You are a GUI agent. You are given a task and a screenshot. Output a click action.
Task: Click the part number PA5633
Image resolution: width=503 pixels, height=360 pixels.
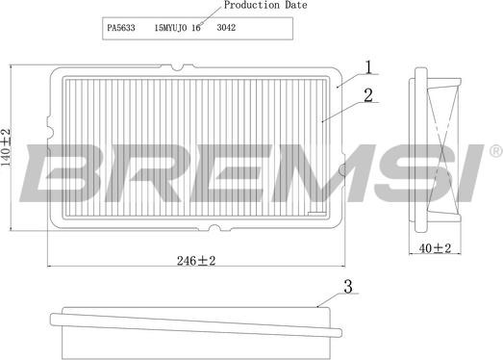pos(121,28)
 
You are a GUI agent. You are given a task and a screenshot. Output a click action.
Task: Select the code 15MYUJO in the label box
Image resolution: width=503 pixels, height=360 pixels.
pos(170,28)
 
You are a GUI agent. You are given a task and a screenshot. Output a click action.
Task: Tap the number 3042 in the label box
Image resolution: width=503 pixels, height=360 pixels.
pos(226,28)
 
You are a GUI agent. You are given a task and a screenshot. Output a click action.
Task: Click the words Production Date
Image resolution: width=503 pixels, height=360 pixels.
pos(265,5)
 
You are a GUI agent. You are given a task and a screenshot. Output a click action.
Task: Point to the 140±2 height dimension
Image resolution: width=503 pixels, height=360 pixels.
pos(6,147)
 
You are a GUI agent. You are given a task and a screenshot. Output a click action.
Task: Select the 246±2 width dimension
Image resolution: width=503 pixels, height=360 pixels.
pos(196,261)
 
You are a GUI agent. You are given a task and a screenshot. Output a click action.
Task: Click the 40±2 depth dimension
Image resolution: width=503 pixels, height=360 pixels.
pos(435,248)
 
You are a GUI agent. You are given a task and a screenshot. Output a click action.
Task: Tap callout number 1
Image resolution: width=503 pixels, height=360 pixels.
pos(368,67)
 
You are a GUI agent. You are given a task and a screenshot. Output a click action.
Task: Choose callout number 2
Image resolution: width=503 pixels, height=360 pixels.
pos(368,95)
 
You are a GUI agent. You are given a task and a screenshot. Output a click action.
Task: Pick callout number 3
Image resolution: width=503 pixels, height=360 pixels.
pos(348,286)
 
